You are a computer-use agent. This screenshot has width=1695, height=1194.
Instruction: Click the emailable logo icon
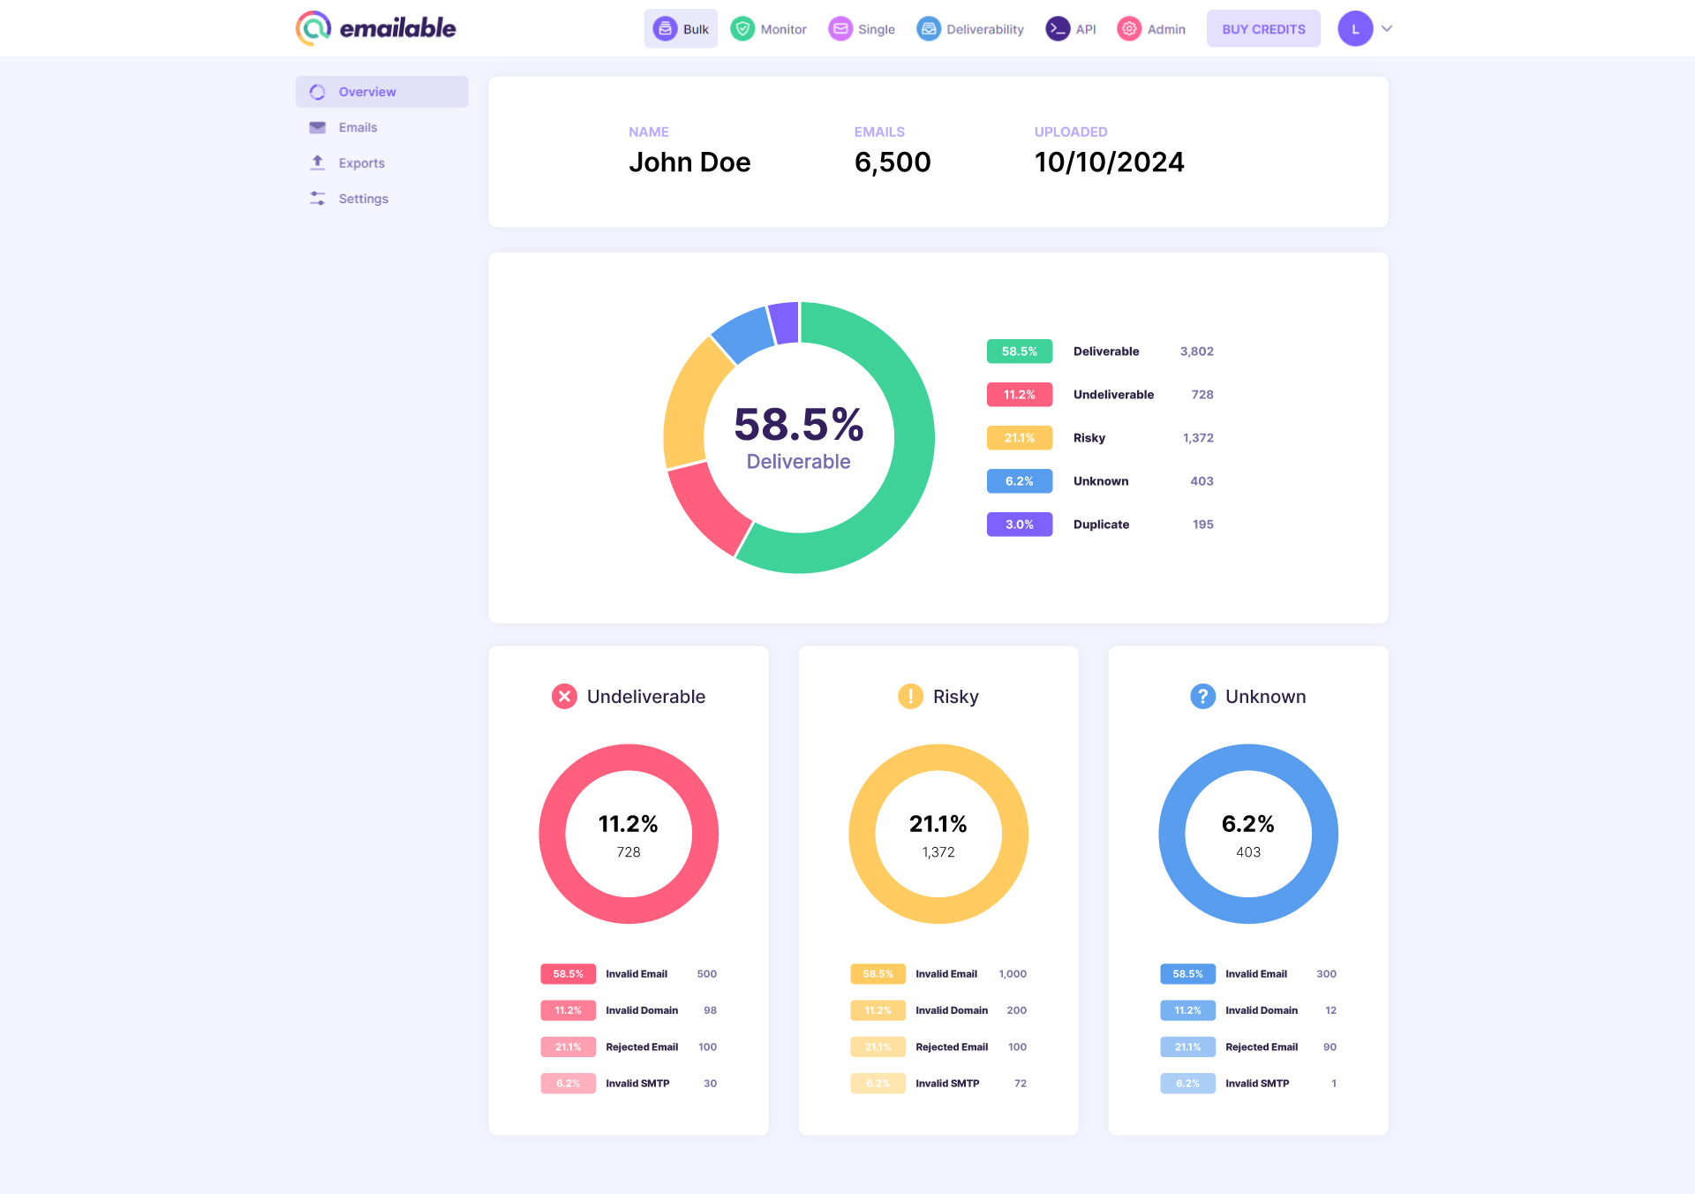tap(313, 28)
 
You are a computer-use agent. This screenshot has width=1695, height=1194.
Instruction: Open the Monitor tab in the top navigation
tap(769, 29)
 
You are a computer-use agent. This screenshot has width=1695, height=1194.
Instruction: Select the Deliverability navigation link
tap(970, 29)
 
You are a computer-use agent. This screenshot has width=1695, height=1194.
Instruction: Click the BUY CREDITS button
tap(1263, 29)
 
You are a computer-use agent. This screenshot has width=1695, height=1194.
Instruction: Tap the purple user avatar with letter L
tap(1355, 29)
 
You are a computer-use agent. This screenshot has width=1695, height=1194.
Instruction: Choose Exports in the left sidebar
tap(361, 163)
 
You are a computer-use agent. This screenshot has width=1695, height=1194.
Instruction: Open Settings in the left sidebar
tap(363, 199)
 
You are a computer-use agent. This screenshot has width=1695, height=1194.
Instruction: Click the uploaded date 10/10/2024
tap(1109, 162)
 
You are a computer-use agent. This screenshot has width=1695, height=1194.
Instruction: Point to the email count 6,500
tap(893, 162)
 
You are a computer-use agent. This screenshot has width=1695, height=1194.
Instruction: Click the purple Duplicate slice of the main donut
tap(784, 322)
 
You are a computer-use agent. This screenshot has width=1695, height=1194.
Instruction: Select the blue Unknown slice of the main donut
tap(742, 334)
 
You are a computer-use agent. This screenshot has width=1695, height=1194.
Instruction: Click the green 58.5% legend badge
tap(1019, 351)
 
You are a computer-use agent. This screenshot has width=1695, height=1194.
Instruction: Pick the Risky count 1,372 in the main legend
tap(1198, 438)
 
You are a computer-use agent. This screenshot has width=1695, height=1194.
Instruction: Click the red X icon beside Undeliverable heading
tap(564, 697)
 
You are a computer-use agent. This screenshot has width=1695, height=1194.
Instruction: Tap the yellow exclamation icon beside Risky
tap(910, 697)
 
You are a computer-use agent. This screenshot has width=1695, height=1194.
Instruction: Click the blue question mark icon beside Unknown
tap(1202, 697)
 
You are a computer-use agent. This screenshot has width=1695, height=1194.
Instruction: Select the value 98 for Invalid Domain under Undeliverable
tap(710, 1010)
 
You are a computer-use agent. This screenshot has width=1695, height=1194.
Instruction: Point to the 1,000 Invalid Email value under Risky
tap(1013, 974)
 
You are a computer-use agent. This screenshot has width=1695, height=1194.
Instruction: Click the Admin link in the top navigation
tap(1152, 29)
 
